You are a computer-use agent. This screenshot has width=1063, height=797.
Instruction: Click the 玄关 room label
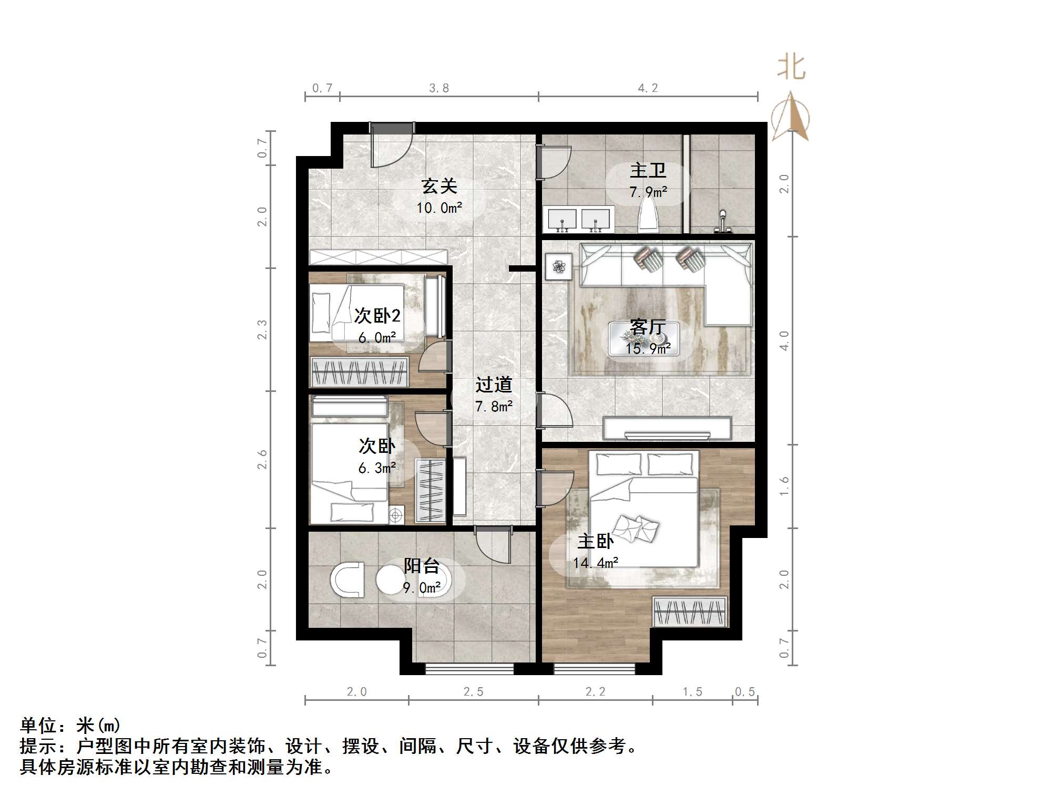439,186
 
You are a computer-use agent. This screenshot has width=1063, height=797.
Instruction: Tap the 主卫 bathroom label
648,170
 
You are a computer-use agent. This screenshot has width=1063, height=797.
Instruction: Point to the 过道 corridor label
494,385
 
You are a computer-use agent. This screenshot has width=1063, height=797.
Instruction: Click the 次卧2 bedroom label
377,315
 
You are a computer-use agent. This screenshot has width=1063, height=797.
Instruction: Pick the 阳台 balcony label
421,566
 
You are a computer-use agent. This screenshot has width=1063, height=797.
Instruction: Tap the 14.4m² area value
595,563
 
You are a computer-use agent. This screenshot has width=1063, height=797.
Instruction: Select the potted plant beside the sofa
558,267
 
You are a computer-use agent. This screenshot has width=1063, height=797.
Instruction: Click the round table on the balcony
390,579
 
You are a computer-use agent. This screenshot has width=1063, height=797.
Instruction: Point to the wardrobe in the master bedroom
690,612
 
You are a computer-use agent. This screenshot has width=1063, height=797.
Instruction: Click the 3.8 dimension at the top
438,88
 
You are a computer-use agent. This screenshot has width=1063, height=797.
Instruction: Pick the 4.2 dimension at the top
648,88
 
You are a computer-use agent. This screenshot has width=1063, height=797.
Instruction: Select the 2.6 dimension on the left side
262,460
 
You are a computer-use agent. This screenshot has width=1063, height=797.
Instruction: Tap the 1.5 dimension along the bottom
692,692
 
